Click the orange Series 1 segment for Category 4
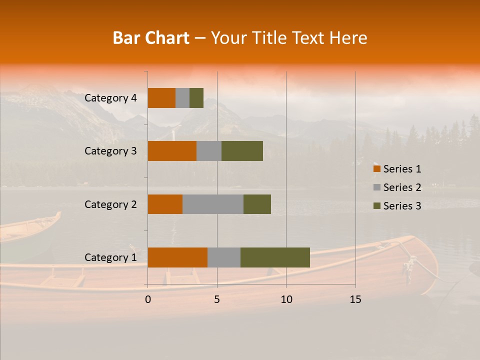(161, 98)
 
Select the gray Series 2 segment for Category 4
(182, 98)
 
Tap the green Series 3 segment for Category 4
(196, 98)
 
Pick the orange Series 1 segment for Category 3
(172, 151)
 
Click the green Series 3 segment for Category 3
(242, 151)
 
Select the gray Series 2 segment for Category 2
(213, 204)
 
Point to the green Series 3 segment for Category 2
(257, 204)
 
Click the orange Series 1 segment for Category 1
(177, 257)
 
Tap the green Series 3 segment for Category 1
(275, 257)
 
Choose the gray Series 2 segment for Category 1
(224, 257)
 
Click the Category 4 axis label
(110, 98)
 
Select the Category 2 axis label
(110, 204)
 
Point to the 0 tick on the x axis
(148, 299)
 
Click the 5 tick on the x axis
(217, 299)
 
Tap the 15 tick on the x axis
(355, 299)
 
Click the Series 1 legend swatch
(376, 169)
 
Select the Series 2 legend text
(402, 187)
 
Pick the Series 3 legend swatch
(376, 206)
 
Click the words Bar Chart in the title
(151, 38)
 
